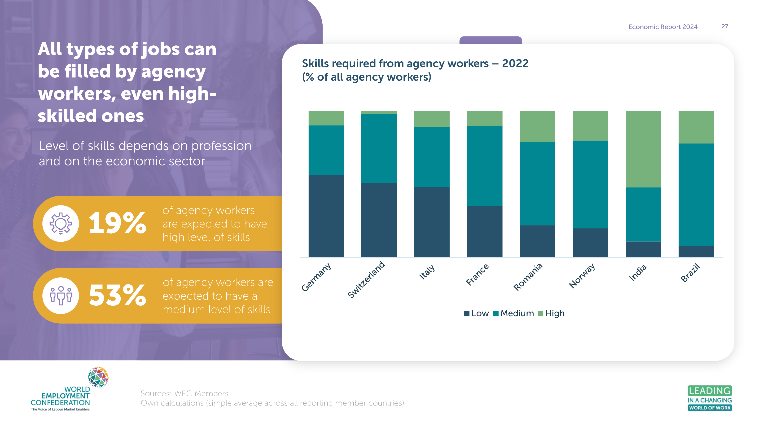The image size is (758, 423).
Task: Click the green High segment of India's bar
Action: coord(643,149)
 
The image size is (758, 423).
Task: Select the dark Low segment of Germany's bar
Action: coord(326,216)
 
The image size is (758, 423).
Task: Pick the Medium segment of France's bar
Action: coord(485,166)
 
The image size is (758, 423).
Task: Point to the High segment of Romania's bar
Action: coord(537,126)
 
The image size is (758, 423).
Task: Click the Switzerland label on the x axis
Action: coord(366,279)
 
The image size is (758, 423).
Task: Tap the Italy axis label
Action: coord(427,272)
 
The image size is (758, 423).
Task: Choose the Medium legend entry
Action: coord(513,313)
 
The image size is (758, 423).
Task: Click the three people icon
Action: coord(61,295)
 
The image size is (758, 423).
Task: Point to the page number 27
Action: coord(724,27)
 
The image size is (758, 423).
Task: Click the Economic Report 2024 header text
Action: coord(663,27)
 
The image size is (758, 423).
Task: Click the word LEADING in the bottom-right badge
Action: coord(710,391)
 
